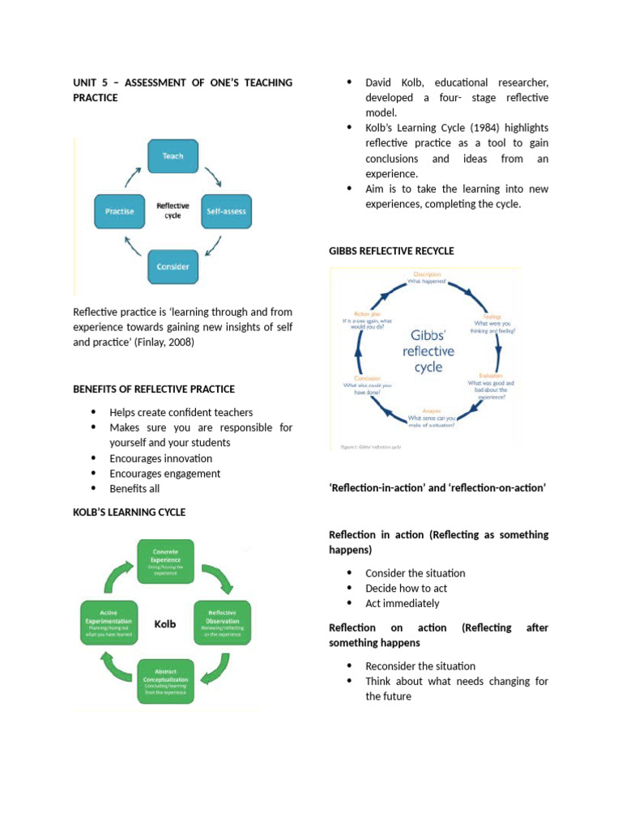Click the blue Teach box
(173, 155)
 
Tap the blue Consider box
(173, 266)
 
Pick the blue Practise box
(119, 211)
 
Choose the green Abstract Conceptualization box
(165, 682)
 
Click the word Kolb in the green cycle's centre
(165, 624)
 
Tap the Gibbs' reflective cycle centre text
(428, 351)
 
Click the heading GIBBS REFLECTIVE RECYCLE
(391, 251)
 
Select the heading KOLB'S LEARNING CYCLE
(129, 512)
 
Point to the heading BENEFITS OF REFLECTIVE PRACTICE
(154, 389)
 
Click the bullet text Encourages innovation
(161, 458)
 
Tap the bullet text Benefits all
(134, 489)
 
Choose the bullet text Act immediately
(403, 603)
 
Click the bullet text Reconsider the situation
(420, 665)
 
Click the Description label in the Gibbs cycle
(427, 274)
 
